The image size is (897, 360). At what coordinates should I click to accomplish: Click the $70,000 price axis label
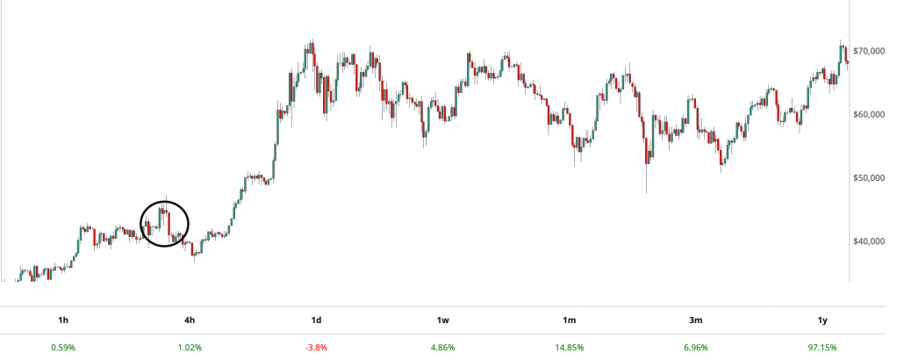tap(872, 51)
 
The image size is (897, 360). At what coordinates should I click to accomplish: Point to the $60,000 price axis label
tap(872, 114)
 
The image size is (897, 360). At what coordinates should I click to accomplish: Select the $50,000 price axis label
tap(872, 177)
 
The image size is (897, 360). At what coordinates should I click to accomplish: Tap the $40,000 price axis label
tap(872, 241)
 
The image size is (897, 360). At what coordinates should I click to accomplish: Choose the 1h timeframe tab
tap(63, 320)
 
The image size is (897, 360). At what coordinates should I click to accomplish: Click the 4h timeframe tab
tap(190, 320)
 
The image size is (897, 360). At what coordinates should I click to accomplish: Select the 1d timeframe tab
tap(316, 320)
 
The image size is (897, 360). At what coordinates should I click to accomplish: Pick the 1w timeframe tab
tap(442, 320)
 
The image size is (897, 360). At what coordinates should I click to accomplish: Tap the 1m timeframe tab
tap(569, 320)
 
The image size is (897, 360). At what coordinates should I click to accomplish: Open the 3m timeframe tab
tap(695, 320)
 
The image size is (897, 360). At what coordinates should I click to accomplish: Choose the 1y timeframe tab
tap(822, 320)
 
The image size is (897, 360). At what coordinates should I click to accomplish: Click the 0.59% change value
tap(63, 348)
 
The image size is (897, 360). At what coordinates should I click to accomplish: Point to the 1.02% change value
tap(190, 348)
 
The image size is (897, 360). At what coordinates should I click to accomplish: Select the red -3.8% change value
tap(316, 348)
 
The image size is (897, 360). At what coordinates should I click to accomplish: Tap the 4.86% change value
tap(442, 348)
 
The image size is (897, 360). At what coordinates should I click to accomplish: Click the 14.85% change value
tap(569, 348)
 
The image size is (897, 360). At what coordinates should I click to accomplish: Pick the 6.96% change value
tap(695, 348)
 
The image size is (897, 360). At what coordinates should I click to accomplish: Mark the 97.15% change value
tap(822, 348)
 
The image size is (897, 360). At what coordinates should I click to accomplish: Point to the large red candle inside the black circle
tap(169, 223)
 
